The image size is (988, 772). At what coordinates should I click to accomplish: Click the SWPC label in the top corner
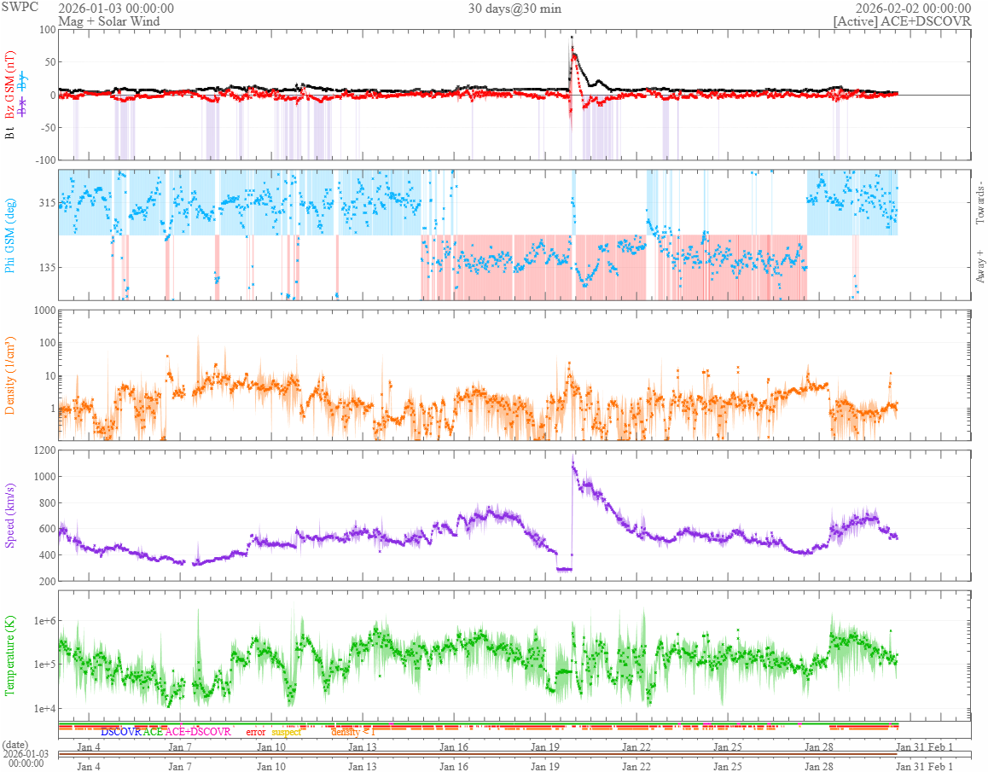tap(20, 8)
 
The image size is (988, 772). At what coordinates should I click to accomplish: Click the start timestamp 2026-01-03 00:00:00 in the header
tap(116, 9)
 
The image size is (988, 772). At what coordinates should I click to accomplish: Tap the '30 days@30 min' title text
tap(514, 9)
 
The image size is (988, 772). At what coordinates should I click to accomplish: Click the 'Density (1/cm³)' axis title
tap(11, 375)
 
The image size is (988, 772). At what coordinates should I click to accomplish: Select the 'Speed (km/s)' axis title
tap(11, 515)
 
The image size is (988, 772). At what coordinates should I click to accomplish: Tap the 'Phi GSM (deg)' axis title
tap(11, 235)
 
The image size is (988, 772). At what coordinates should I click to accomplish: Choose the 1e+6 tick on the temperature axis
tap(41, 621)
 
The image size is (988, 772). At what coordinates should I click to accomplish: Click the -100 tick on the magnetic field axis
tap(42, 160)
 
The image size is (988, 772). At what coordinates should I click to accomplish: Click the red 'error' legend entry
tap(255, 732)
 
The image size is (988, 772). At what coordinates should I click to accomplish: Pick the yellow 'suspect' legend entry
tap(286, 732)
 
